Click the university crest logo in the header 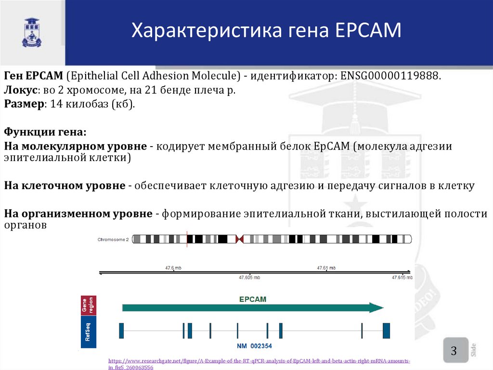pyautogui.click(x=32, y=32)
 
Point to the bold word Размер pyautogui.click(x=21, y=104)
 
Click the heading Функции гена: pyautogui.click(x=46, y=132)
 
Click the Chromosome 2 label pyautogui.click(x=113, y=239)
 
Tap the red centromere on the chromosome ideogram pyautogui.click(x=239, y=239)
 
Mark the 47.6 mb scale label pyautogui.click(x=173, y=268)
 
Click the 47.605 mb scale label pyautogui.click(x=249, y=277)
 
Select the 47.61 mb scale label pyautogui.click(x=325, y=268)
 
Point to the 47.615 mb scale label pyautogui.click(x=402, y=277)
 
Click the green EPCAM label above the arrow pyautogui.click(x=253, y=299)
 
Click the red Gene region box pyautogui.click(x=89, y=305)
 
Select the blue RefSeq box pyautogui.click(x=89, y=332)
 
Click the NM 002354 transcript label pyautogui.click(x=255, y=346)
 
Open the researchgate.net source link pyautogui.click(x=259, y=361)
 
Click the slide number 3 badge pyautogui.click(x=454, y=350)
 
